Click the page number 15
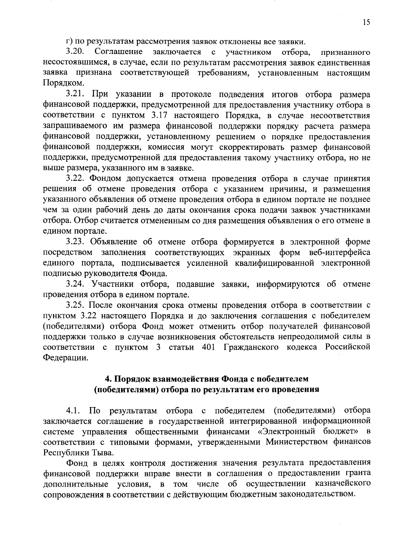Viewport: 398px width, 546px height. click(366, 22)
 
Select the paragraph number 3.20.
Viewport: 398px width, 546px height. click(76, 52)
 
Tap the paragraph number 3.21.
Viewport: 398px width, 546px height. click(76, 94)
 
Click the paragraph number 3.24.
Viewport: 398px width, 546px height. click(76, 284)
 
